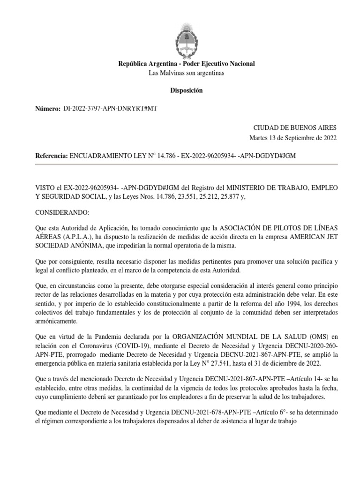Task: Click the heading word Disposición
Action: click(186, 90)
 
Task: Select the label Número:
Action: click(48, 109)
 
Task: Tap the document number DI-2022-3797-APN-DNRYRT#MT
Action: click(110, 109)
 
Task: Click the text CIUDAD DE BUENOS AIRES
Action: click(295, 127)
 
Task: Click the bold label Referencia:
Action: click(52, 155)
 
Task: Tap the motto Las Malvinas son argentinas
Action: click(186, 73)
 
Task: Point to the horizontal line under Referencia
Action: click(186, 165)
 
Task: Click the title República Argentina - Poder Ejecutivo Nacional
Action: click(186, 64)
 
